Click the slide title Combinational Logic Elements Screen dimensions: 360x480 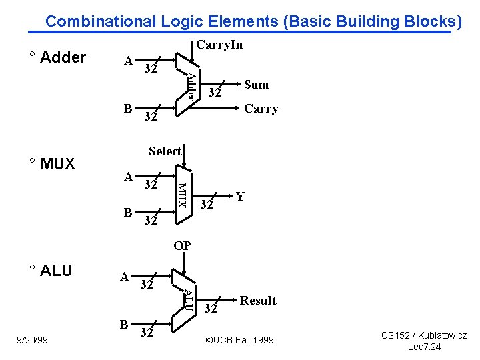point(253,21)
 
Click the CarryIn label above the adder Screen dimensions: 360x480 point(219,45)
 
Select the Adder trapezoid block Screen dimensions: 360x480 point(186,86)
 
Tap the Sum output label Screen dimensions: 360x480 point(256,84)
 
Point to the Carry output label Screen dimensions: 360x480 point(261,109)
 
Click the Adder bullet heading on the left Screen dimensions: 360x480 point(63,57)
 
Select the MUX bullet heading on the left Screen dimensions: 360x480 point(57,164)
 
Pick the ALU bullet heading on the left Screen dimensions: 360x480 point(55,271)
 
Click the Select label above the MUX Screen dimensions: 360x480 point(165,151)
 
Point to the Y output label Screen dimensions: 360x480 point(240,196)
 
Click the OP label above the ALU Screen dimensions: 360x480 point(182,246)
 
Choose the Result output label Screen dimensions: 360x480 point(258,301)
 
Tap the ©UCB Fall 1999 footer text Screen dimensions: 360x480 point(239,340)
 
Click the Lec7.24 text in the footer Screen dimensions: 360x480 point(424,347)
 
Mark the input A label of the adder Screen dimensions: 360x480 point(128,61)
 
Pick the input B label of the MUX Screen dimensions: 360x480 point(128,213)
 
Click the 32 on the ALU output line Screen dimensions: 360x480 point(211,309)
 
